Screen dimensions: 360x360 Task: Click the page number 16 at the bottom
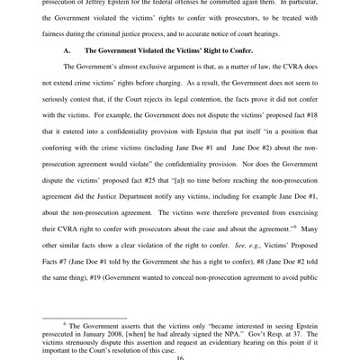[x=180, y=356]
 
